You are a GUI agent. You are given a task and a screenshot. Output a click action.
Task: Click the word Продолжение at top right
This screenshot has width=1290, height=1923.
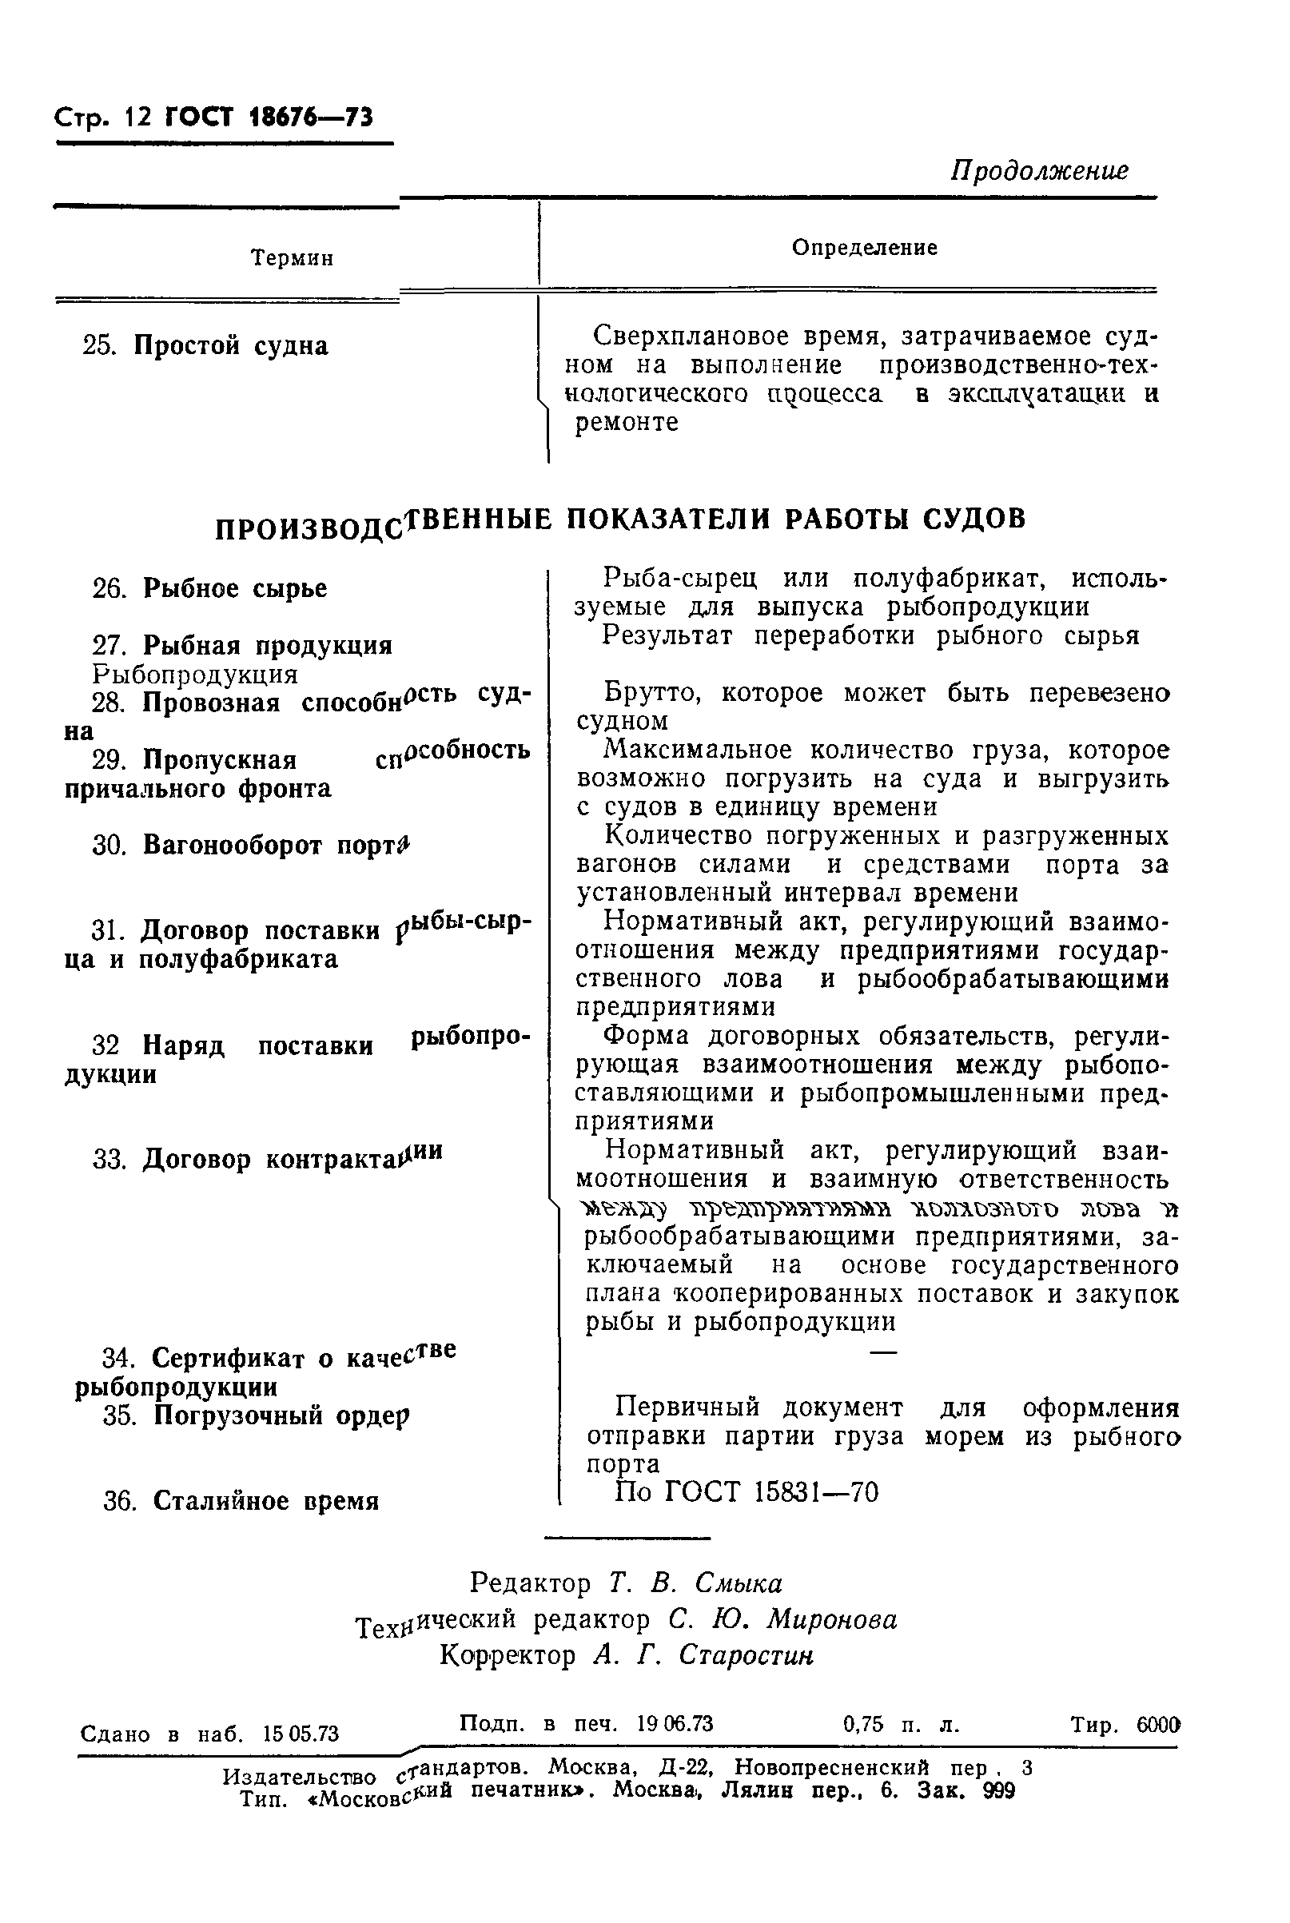[x=1039, y=171]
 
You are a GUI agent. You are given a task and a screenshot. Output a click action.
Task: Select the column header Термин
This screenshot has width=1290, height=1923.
[x=292, y=259]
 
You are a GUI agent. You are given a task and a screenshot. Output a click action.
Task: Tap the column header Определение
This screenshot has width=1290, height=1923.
[x=864, y=248]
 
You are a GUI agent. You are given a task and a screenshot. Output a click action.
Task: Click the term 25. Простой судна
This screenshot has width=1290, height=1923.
[x=205, y=345]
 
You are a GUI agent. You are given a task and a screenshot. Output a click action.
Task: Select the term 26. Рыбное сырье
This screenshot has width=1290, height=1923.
[x=209, y=589]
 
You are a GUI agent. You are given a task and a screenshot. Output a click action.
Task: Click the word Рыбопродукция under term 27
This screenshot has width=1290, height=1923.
[x=195, y=675]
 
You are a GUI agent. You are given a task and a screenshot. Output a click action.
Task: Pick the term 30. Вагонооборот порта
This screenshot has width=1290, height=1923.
[x=251, y=845]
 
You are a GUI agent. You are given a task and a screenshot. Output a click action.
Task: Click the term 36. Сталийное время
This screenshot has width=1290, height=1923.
[x=241, y=1501]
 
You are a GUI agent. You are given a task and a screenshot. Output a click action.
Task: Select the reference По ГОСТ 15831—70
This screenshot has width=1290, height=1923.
[x=747, y=1492]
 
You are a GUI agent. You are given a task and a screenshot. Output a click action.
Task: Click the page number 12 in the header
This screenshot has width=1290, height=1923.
[x=137, y=117]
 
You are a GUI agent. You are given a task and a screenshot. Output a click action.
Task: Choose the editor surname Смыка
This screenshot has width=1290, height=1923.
[x=738, y=1583]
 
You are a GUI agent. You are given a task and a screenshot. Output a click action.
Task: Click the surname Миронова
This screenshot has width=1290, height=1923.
[x=832, y=1619]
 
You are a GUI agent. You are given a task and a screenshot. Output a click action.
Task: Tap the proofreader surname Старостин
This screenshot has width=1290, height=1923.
[x=746, y=1655]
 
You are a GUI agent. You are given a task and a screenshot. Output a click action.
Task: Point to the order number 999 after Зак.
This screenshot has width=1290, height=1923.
[x=999, y=1792]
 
